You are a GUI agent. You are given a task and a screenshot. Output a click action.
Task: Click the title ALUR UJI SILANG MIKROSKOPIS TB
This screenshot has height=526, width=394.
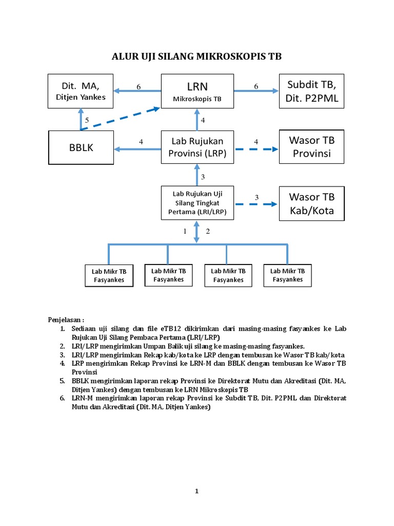(x=197, y=57)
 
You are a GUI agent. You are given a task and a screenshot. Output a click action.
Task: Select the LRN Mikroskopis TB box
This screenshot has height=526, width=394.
(x=198, y=91)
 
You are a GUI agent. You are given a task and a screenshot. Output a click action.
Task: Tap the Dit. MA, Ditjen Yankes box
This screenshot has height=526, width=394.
(x=80, y=91)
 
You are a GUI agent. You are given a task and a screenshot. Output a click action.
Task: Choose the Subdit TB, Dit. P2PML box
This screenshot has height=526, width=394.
(x=312, y=91)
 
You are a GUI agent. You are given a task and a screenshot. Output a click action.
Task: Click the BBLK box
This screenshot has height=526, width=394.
(x=80, y=148)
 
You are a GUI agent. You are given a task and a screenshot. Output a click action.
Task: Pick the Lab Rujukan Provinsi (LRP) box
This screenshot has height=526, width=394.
(x=198, y=148)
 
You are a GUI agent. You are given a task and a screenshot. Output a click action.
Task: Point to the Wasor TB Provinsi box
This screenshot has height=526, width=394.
(x=312, y=146)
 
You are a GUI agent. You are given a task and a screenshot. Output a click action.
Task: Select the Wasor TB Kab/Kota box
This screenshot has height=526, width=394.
(x=312, y=203)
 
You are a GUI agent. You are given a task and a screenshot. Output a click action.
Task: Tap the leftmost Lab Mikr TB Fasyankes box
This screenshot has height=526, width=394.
(x=109, y=275)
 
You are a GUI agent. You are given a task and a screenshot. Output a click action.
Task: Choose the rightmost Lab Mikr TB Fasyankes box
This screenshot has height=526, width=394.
(x=288, y=275)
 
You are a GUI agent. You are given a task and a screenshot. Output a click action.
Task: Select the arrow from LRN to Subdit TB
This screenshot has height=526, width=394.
(x=256, y=91)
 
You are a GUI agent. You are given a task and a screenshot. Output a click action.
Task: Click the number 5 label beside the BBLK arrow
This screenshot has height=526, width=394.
(x=87, y=120)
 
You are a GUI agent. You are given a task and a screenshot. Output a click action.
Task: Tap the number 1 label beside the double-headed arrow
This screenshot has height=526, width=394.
(x=185, y=231)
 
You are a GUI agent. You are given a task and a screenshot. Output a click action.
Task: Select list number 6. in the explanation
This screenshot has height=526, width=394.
(x=62, y=398)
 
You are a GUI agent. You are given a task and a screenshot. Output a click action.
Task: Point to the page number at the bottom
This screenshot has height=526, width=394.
(x=196, y=492)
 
